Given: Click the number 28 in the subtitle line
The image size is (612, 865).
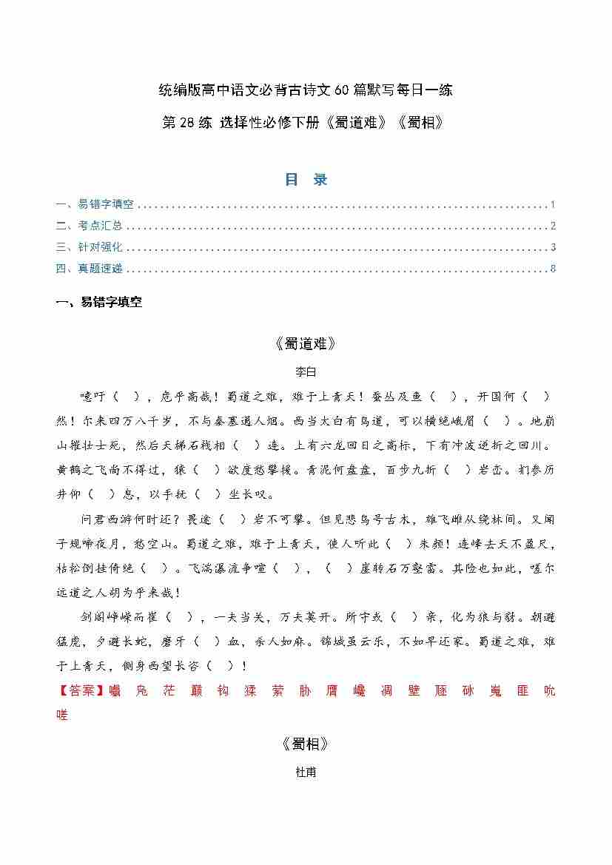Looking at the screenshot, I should (x=185, y=123).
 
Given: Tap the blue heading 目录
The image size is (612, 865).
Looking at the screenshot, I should (x=306, y=180).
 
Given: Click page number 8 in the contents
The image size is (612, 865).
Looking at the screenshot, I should (x=553, y=269).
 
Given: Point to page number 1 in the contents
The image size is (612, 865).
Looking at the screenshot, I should (x=553, y=205).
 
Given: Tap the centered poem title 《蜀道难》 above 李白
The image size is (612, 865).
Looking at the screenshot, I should (x=306, y=343).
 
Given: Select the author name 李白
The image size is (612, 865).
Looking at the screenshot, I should (x=306, y=371).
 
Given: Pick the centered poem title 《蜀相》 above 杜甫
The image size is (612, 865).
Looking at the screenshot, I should (x=306, y=744).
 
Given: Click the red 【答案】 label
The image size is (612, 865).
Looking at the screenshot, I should (x=77, y=692).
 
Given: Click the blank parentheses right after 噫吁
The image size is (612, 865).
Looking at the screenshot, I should (x=125, y=397).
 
